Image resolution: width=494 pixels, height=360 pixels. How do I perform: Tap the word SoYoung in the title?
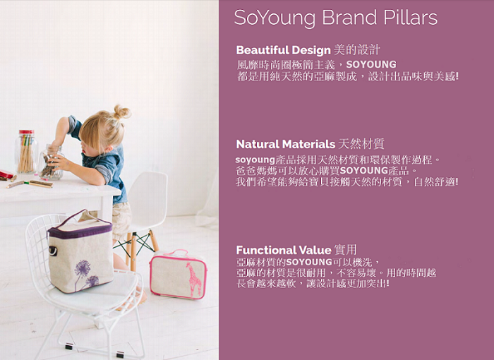pos(275,18)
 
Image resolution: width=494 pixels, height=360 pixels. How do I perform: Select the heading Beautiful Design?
pos(283,50)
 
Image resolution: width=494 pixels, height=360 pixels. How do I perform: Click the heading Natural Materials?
pos(285,144)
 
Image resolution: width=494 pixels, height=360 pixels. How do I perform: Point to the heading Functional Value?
pos(284,250)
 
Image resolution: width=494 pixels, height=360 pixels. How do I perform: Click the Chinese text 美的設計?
pos(356,50)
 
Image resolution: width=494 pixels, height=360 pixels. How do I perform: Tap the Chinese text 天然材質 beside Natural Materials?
pos(361,144)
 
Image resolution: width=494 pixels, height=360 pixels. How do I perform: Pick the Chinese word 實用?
pos(346,250)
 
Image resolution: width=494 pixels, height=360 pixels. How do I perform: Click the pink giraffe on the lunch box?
pos(194,278)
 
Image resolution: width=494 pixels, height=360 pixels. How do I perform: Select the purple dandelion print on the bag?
pos(85,275)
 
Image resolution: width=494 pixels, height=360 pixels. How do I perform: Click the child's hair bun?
pos(122,112)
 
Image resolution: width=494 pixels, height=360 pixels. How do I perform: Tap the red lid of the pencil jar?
pos(27,132)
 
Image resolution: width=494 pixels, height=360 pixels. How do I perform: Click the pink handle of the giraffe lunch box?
pos(176,252)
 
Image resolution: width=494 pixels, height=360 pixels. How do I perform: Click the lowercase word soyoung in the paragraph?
pos(255,160)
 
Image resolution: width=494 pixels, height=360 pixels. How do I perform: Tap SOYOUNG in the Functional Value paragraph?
pos(309,262)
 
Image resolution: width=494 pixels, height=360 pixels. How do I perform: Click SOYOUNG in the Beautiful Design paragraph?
pos(371,65)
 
